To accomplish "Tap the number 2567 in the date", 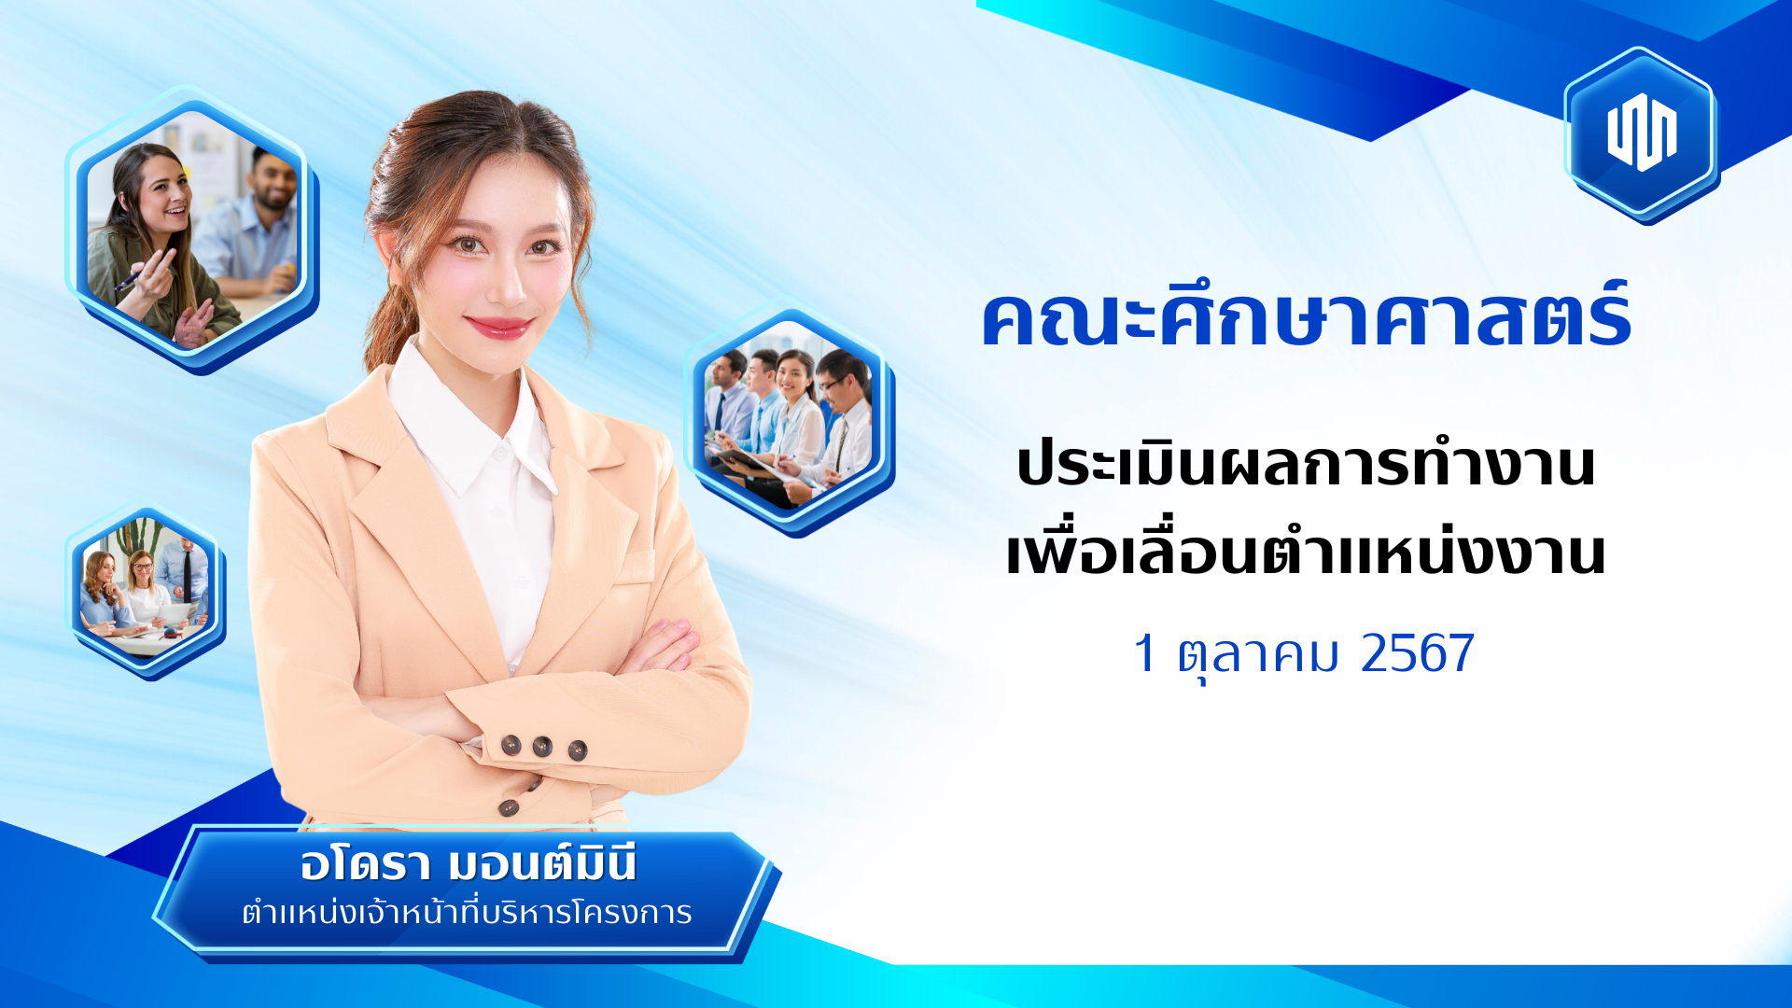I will tap(1417, 653).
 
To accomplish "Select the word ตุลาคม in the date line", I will tap(1258, 655).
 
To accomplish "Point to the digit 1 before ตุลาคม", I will tap(1144, 653).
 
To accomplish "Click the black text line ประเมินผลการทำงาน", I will tap(1305, 464).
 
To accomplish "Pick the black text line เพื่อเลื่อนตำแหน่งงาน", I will tap(1305, 553).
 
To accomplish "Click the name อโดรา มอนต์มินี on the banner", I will tap(468, 864).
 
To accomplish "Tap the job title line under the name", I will tap(467, 913).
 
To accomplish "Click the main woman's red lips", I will tap(498, 326).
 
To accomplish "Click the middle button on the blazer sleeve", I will tap(542, 747).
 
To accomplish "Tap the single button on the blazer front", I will tap(509, 807).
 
